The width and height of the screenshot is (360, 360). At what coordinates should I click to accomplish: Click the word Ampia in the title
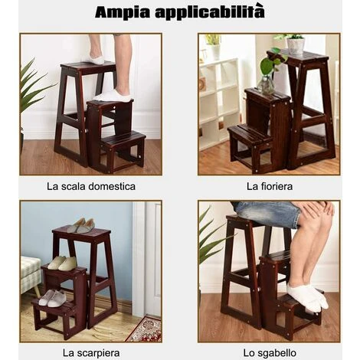coord(123,12)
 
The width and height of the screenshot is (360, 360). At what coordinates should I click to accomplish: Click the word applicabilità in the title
coord(210,12)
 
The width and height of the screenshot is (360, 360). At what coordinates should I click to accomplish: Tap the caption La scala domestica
coord(91,186)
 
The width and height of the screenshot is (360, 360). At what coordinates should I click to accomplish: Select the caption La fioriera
coord(270,186)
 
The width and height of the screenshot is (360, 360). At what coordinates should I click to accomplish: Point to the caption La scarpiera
coord(91,353)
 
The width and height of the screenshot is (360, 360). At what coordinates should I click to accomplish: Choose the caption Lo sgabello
coord(270,353)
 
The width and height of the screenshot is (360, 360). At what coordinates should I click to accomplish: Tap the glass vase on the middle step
coord(266,85)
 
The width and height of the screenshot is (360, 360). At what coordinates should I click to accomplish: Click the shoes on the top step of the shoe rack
coord(81,225)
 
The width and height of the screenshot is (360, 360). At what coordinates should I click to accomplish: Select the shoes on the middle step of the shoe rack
coord(62,263)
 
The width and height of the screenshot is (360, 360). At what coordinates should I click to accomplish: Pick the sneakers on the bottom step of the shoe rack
coord(52,299)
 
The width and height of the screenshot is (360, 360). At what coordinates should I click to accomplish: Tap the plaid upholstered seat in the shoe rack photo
coord(30,275)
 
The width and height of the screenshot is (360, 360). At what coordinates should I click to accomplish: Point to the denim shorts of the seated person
coord(267,213)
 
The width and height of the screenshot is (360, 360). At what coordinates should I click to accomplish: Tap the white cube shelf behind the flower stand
coord(220,102)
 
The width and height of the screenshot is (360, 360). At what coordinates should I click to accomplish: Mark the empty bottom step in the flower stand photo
coord(249,136)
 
